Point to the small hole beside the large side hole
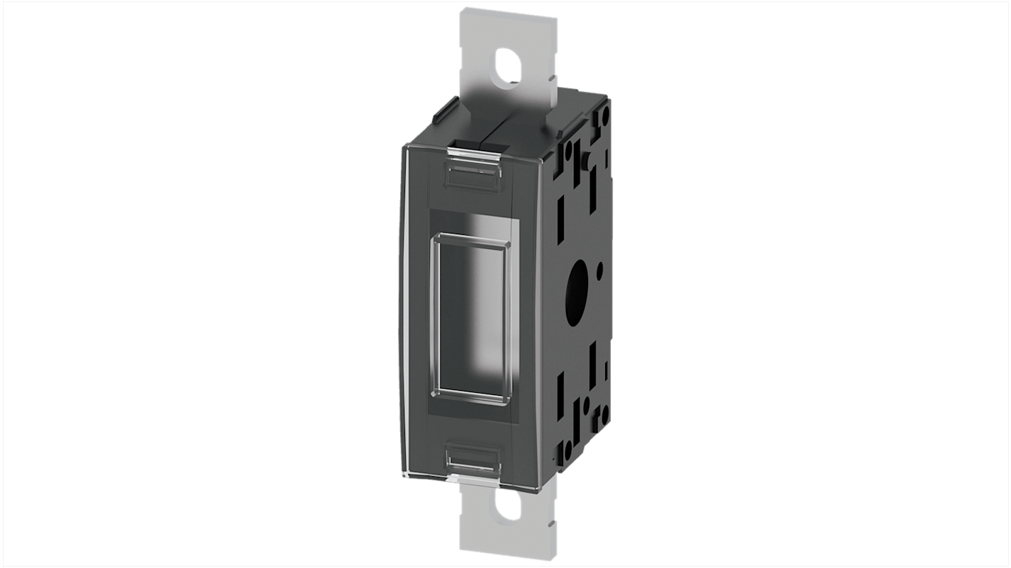(x=600, y=269)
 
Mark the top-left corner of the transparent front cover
(x=403, y=146)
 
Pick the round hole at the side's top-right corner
(x=604, y=113)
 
